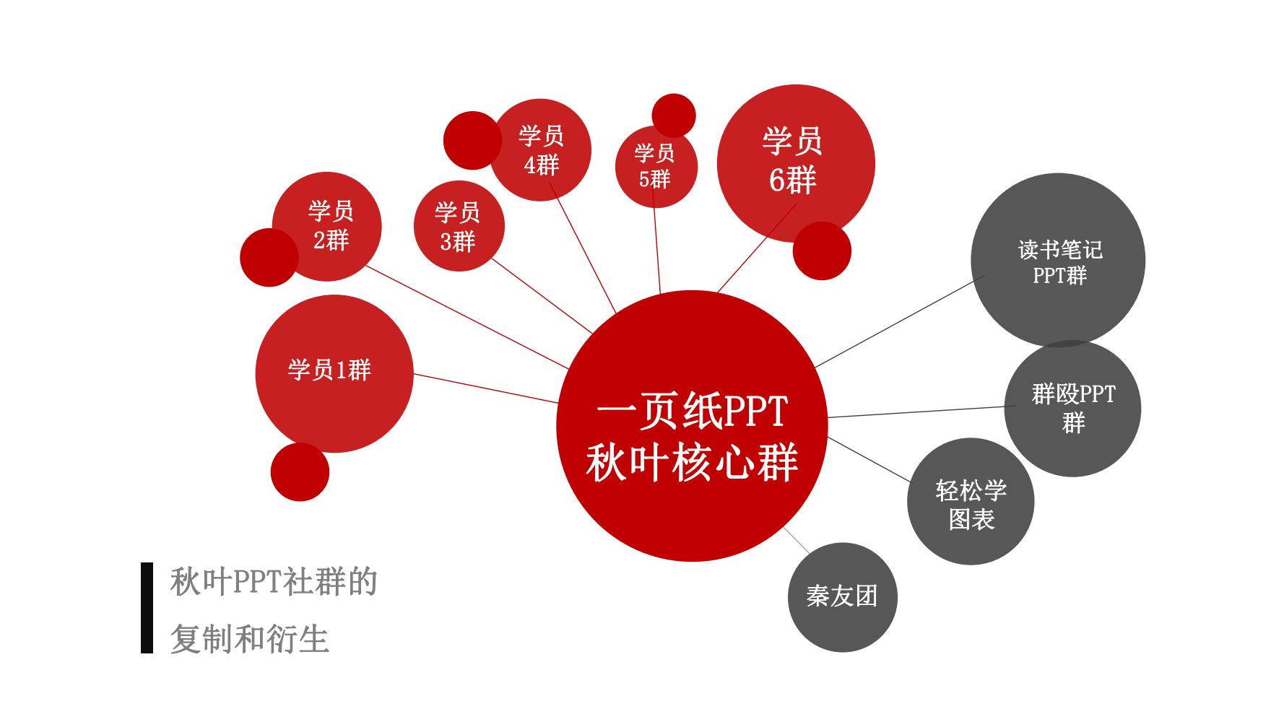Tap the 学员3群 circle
pyautogui.click(x=459, y=226)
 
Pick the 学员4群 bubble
pyautogui.click(x=542, y=150)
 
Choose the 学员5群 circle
pyautogui.click(x=656, y=168)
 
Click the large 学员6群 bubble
pyautogui.click(x=795, y=162)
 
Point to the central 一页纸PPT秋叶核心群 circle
pyautogui.click(x=692, y=426)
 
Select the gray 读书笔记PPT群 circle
pyautogui.click(x=1058, y=260)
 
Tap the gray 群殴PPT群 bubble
pyautogui.click(x=1072, y=409)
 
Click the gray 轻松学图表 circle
pyautogui.click(x=971, y=502)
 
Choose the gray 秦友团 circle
pyautogui.click(x=842, y=597)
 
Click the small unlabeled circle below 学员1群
pyautogui.click(x=300, y=472)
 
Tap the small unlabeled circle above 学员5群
pyautogui.click(x=674, y=114)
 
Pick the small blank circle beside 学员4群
pyautogui.click(x=469, y=141)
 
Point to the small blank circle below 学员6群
pyautogui.click(x=822, y=251)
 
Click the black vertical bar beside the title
pyautogui.click(x=147, y=608)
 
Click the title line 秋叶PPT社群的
pyautogui.click(x=274, y=582)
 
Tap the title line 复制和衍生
pyautogui.click(x=250, y=639)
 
